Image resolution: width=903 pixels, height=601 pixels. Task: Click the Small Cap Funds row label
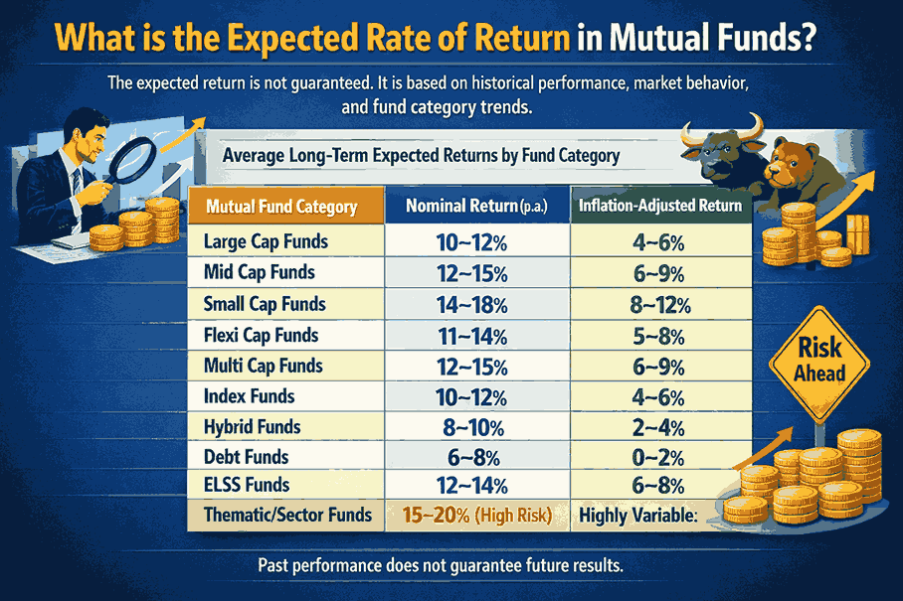coord(264,303)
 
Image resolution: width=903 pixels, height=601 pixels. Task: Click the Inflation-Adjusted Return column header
coord(660,207)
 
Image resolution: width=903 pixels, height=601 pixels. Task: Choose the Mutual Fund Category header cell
coord(281,207)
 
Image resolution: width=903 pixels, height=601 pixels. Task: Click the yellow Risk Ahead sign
coord(819,361)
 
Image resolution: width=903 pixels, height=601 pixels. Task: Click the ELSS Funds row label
coord(247,485)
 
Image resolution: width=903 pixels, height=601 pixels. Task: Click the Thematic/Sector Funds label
coord(287,515)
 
